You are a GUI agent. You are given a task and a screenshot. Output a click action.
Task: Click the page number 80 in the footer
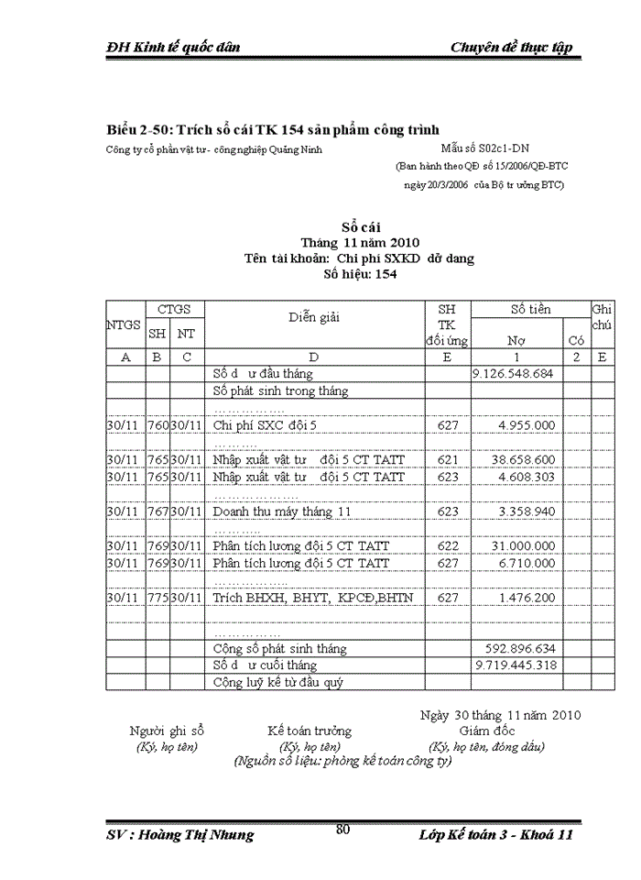tap(343, 830)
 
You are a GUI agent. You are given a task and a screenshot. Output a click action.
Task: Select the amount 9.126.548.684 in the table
tap(514, 374)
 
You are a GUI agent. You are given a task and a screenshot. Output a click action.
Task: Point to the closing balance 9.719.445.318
tap(514, 665)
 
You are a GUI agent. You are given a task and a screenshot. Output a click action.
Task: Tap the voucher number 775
tap(158, 597)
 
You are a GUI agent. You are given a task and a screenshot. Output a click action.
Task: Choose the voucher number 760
tap(158, 425)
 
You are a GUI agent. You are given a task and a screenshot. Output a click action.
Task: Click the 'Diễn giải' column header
tap(314, 317)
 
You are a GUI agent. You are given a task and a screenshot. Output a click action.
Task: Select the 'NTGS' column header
tap(124, 324)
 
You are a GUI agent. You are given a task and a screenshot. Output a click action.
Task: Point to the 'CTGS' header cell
tap(174, 310)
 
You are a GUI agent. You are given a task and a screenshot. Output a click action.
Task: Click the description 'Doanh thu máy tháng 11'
tap(282, 511)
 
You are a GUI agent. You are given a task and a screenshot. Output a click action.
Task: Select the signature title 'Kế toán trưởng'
tap(310, 731)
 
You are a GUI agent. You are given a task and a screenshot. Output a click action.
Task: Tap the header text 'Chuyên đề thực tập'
tap(511, 48)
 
